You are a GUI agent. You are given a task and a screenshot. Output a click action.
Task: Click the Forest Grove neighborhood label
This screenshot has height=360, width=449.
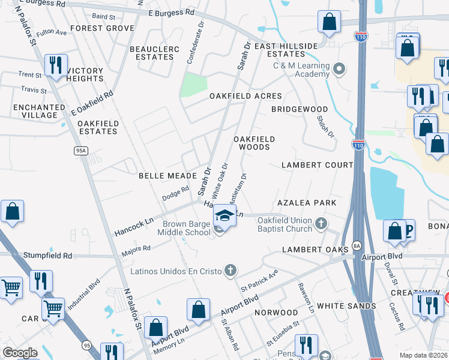(102, 28)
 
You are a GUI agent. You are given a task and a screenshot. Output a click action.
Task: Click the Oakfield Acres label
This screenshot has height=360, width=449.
(246, 96)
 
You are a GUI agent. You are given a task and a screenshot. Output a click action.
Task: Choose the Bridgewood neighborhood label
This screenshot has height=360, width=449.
(300, 109)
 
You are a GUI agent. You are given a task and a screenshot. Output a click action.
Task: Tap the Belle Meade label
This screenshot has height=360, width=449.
(168, 175)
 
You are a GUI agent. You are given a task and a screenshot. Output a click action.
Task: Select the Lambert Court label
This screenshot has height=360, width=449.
(318, 165)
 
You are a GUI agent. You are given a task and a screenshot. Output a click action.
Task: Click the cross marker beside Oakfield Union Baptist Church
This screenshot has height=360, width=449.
(321, 224)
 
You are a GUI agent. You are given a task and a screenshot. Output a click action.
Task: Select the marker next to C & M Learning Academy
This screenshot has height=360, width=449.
(339, 70)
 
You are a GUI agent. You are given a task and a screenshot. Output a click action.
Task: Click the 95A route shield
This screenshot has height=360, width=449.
(81, 151)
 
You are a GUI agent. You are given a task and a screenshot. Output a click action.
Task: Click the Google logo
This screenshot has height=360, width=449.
(20, 353)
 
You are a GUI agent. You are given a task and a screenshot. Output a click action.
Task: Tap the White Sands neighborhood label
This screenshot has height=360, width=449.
(346, 306)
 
